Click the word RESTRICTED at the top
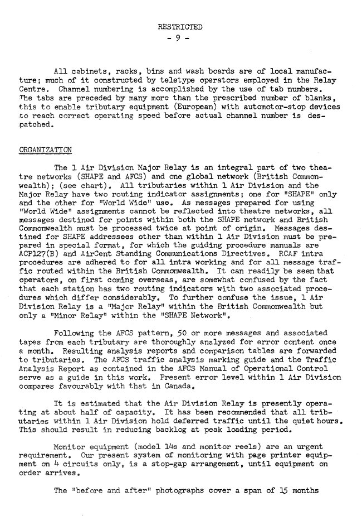click(x=180, y=26)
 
